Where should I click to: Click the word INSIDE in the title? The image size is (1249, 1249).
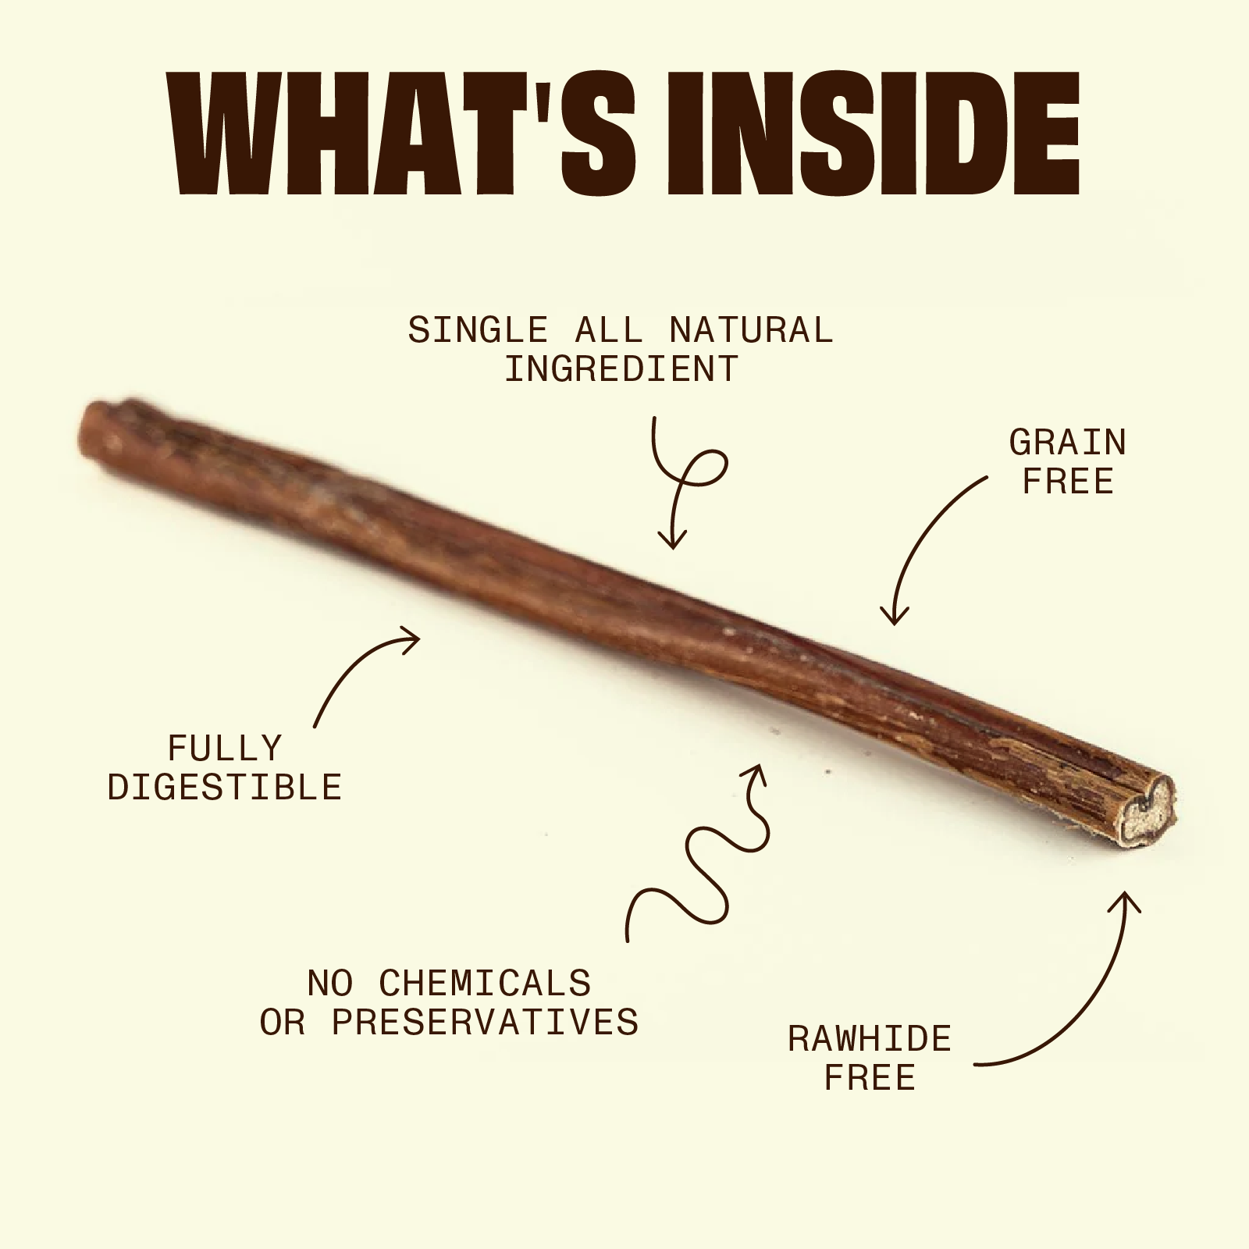click(872, 133)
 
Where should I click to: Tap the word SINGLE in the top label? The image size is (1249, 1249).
click(478, 330)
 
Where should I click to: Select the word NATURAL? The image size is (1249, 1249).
click(751, 330)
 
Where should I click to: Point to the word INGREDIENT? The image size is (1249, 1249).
click(621, 369)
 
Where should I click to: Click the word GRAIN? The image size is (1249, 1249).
click(1068, 443)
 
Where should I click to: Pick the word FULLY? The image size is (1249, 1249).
click(225, 749)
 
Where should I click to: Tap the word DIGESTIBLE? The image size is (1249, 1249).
click(225, 788)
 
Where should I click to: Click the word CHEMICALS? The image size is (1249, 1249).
click(486, 984)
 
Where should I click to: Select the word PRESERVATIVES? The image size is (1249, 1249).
click(486, 1023)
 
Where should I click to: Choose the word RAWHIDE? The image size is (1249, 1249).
click(870, 1040)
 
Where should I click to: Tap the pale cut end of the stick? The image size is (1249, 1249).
click(1146, 813)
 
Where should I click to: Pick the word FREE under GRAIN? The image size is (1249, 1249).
click(1068, 482)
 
